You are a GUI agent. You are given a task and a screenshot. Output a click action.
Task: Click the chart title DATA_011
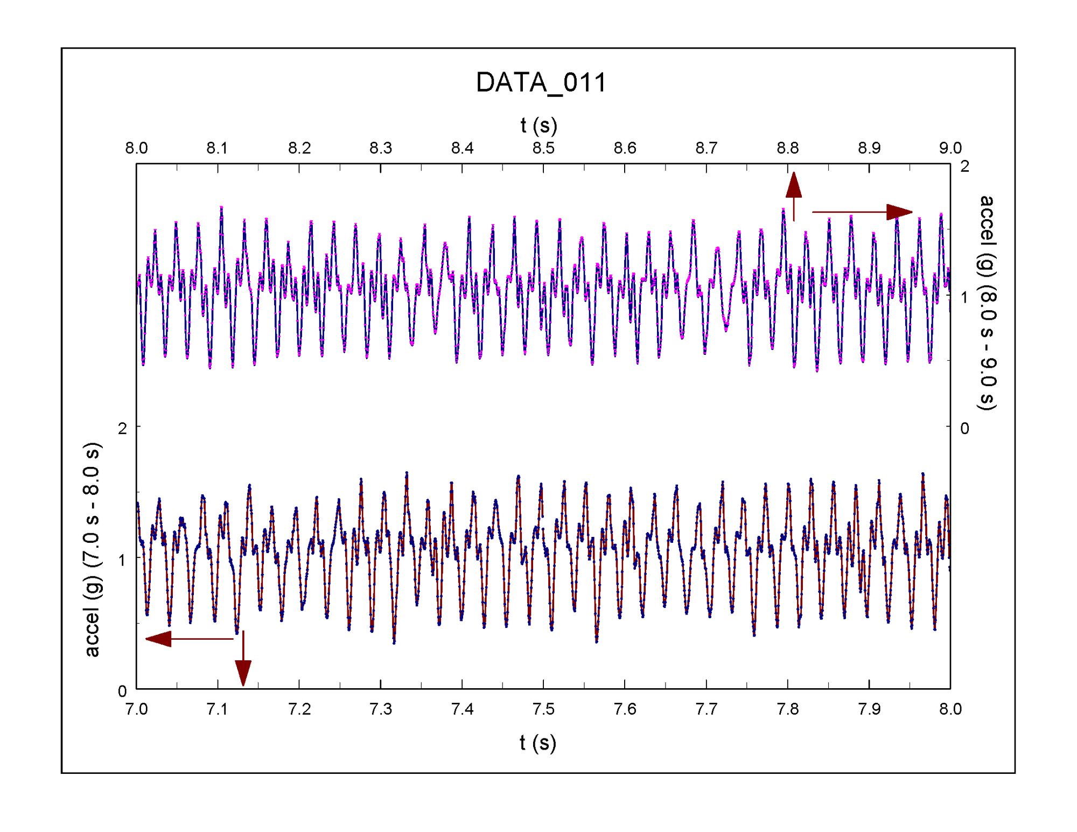[541, 83]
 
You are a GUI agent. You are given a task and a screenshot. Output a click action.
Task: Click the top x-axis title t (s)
[538, 125]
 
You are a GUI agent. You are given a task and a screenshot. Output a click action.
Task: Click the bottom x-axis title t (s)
[538, 743]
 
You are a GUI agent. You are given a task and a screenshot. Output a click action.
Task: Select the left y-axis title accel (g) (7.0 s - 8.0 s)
[92, 550]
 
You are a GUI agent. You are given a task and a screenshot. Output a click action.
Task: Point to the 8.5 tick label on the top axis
[543, 148]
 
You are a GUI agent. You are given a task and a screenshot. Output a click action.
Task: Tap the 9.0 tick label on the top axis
[950, 148]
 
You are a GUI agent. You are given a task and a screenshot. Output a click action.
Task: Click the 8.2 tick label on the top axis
[299, 148]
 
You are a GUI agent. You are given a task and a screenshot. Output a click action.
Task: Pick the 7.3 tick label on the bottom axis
[381, 709]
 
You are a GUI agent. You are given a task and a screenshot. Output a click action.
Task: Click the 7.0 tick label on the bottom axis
[137, 709]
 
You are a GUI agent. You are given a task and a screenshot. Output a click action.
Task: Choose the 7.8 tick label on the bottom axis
[787, 709]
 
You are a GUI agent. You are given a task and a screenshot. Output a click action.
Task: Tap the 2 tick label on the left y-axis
[122, 429]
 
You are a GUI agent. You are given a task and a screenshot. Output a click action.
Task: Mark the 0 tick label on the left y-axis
[122, 691]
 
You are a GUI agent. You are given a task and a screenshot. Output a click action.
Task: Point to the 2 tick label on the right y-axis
[964, 166]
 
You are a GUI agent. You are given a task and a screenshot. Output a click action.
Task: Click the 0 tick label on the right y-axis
[964, 429]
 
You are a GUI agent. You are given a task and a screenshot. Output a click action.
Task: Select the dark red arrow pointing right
[862, 212]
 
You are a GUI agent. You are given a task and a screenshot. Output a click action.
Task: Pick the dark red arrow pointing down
[243, 658]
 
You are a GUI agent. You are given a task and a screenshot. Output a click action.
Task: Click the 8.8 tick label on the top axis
[787, 148]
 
